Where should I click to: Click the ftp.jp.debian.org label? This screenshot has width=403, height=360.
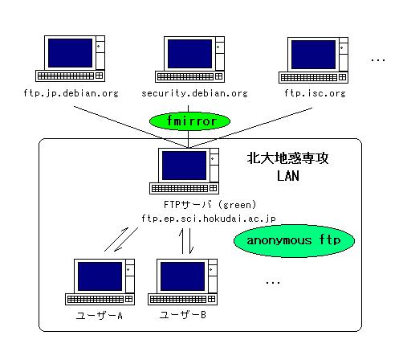71,93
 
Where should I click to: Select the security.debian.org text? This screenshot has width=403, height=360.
194,93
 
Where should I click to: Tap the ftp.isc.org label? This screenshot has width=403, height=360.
315,93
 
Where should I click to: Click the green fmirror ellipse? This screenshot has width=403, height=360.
189,121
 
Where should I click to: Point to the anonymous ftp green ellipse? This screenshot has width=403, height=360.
294,241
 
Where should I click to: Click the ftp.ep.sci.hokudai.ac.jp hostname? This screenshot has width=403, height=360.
209,219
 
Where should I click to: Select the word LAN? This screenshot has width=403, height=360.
288,176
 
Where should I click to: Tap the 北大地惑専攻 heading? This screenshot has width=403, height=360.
287,158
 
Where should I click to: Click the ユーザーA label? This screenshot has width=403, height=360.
100,316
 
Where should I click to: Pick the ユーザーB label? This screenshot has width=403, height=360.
182,315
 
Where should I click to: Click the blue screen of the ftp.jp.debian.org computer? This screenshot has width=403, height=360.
71,53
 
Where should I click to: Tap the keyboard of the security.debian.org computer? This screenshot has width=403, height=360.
189,76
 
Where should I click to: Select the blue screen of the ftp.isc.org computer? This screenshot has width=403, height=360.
313,55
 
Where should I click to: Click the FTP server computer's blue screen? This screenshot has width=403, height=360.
184,166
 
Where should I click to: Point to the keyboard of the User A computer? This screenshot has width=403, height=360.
100,299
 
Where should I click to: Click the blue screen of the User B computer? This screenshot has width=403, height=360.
182,276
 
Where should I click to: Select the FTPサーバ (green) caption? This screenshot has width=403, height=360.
210,205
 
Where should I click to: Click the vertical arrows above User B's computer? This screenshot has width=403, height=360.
186,241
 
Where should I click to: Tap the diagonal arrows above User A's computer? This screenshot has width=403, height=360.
121,239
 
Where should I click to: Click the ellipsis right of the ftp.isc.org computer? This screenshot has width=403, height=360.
378,60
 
